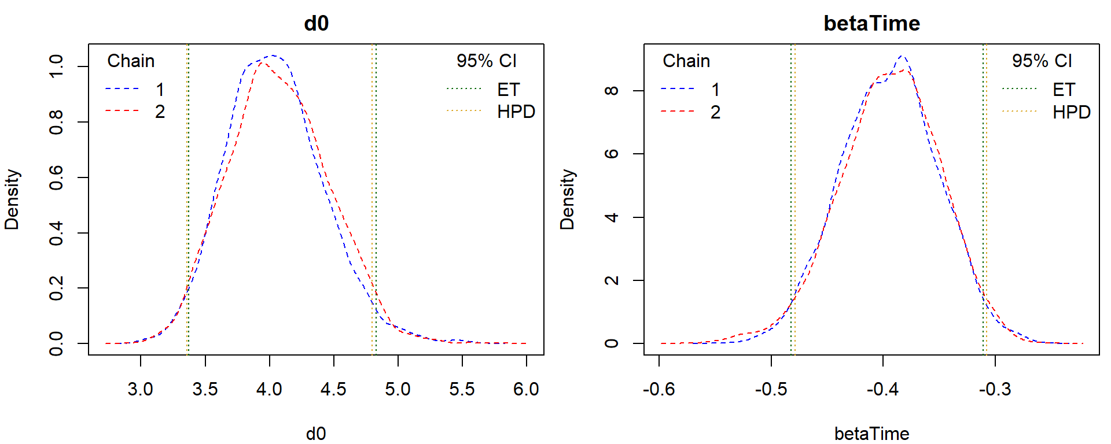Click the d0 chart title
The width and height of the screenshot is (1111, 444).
pyautogui.click(x=316, y=23)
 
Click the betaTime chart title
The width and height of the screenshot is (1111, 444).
pyautogui.click(x=871, y=23)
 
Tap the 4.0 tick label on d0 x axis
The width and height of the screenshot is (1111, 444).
pyautogui.click(x=269, y=389)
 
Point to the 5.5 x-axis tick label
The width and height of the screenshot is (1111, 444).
pyautogui.click(x=462, y=389)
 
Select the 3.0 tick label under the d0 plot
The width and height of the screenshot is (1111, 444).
pyautogui.click(x=140, y=389)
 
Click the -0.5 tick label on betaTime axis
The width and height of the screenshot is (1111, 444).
pyautogui.click(x=771, y=389)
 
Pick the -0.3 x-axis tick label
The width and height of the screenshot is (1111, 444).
pyautogui.click(x=995, y=389)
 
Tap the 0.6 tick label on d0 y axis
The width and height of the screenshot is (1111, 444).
pyautogui.click(x=56, y=177)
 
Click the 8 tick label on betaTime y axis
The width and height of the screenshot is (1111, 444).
pyautogui.click(x=612, y=91)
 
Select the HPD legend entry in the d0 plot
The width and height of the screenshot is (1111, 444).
pyautogui.click(x=516, y=112)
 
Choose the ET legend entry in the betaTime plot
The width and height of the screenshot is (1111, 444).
pyautogui.click(x=1064, y=90)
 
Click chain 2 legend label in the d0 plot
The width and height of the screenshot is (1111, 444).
pyautogui.click(x=160, y=112)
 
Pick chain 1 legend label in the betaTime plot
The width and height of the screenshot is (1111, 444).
pyautogui.click(x=715, y=90)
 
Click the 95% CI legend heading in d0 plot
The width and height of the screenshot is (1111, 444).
pyautogui.click(x=486, y=61)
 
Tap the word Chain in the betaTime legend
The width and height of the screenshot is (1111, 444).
pyautogui.click(x=686, y=61)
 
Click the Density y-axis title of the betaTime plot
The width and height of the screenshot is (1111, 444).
pyautogui.click(x=568, y=199)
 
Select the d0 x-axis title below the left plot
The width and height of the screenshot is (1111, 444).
pyautogui.click(x=316, y=434)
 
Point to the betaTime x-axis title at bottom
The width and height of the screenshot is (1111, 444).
pyautogui.click(x=871, y=434)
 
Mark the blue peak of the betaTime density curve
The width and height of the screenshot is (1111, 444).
pyautogui.click(x=902, y=56)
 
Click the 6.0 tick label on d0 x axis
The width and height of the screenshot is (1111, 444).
pyautogui.click(x=525, y=389)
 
